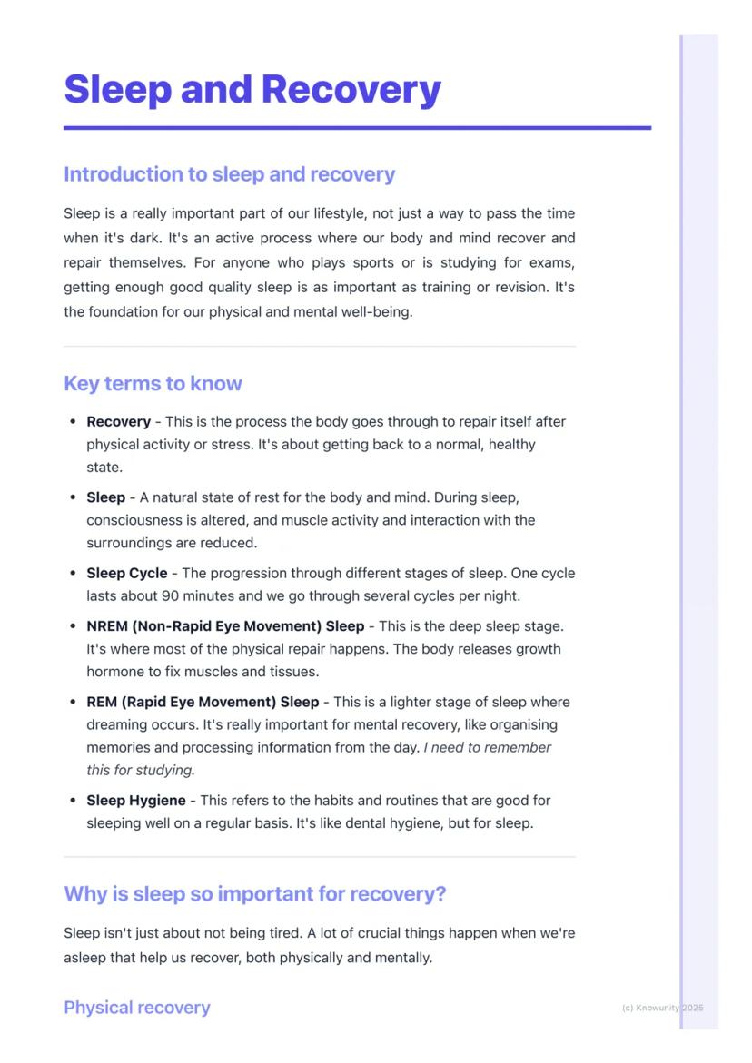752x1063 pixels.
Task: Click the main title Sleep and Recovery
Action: point(252,90)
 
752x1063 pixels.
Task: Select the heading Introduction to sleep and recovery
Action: point(229,174)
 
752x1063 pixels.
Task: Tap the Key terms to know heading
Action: point(153,383)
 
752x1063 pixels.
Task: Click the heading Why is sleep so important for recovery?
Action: point(254,894)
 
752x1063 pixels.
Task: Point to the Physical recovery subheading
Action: point(136,1008)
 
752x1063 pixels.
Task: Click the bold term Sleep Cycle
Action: point(126,574)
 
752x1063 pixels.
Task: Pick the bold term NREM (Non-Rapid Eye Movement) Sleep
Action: point(224,626)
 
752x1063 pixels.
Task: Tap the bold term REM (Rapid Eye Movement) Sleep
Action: point(202,703)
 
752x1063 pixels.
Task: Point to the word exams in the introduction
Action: point(553,263)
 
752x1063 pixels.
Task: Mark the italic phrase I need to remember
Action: point(487,748)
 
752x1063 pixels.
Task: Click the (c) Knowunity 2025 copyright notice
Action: point(662,1008)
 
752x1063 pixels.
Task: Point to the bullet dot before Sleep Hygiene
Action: point(73,802)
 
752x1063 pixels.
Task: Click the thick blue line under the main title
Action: point(357,128)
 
